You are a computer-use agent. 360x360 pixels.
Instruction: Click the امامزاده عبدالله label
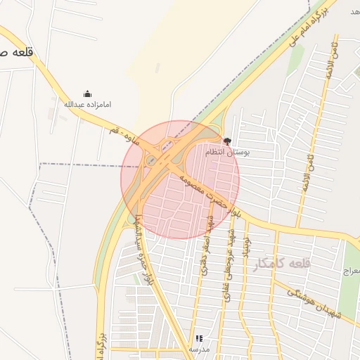pyautogui.click(x=88, y=105)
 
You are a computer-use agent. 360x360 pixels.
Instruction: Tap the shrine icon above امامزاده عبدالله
pyautogui.click(x=87, y=94)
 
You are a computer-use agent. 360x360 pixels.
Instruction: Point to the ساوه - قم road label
pyautogui.click(x=125, y=136)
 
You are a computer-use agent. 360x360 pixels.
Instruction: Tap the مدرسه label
pyautogui.click(x=199, y=349)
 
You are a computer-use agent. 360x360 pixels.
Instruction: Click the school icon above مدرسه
pyautogui.click(x=199, y=338)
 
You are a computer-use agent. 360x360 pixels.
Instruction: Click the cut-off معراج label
pyautogui.click(x=351, y=271)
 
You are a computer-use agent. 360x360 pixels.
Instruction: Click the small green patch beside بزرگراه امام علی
pyautogui.click(x=295, y=59)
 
